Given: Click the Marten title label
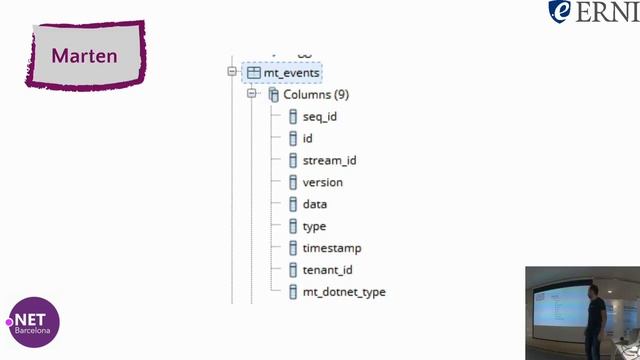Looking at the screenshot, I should pyautogui.click(x=84, y=56).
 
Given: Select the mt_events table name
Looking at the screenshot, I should pyautogui.click(x=292, y=73).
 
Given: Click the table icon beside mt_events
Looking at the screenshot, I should pyautogui.click(x=253, y=73).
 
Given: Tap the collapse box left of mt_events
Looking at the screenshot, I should pyautogui.click(x=232, y=72).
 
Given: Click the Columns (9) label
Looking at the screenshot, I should pyautogui.click(x=316, y=95).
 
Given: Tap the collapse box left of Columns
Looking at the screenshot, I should pyautogui.click(x=253, y=94).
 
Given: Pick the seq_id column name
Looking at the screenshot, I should pyautogui.click(x=319, y=117).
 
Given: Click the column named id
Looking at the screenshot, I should pyautogui.click(x=308, y=139).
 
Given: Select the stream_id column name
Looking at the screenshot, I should pyautogui.click(x=329, y=161).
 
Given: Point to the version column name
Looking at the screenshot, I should pyautogui.click(x=322, y=183).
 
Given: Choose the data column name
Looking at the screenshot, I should pyautogui.click(x=315, y=205).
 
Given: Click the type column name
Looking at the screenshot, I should pyautogui.click(x=314, y=227).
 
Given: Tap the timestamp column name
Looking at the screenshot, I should pyautogui.click(x=332, y=248).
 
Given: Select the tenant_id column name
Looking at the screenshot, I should pyautogui.click(x=327, y=270).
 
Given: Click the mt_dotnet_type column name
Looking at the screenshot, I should pyautogui.click(x=344, y=292).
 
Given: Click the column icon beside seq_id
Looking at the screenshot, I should pyautogui.click(x=293, y=117).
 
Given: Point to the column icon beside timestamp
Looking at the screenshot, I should pyautogui.click(x=293, y=248).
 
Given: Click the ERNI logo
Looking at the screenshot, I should pyautogui.click(x=593, y=12).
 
